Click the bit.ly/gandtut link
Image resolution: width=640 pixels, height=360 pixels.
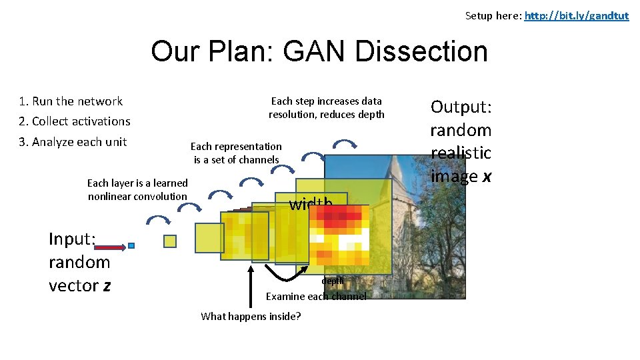pos(576,15)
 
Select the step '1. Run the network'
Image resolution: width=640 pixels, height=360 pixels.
pos(71,101)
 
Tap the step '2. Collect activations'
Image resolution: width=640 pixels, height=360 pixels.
pos(75,121)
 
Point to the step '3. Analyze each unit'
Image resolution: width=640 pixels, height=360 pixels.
pos(73,141)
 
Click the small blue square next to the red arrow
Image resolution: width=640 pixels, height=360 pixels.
pos(131,246)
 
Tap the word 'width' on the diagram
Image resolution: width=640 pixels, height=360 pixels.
pos(310,204)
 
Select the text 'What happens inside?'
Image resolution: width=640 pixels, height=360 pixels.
pos(251,316)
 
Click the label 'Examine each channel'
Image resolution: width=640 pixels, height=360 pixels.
pos(316,296)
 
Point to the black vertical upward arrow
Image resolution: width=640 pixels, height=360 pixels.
pos(251,287)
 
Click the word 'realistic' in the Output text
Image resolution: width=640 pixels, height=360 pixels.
pos(461,153)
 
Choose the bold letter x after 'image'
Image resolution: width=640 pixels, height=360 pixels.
pos(487,176)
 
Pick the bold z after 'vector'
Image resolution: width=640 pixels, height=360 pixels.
pos(106,285)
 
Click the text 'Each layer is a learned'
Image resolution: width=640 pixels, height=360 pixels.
pos(137,183)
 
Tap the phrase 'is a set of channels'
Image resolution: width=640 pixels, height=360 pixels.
pos(236,159)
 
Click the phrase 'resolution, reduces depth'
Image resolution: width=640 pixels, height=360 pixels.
pos(326,114)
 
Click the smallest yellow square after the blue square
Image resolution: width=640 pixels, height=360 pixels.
pos(170,241)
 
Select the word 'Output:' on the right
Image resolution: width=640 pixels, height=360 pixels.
pos(461,107)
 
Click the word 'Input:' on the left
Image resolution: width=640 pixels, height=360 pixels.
pos(73,239)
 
